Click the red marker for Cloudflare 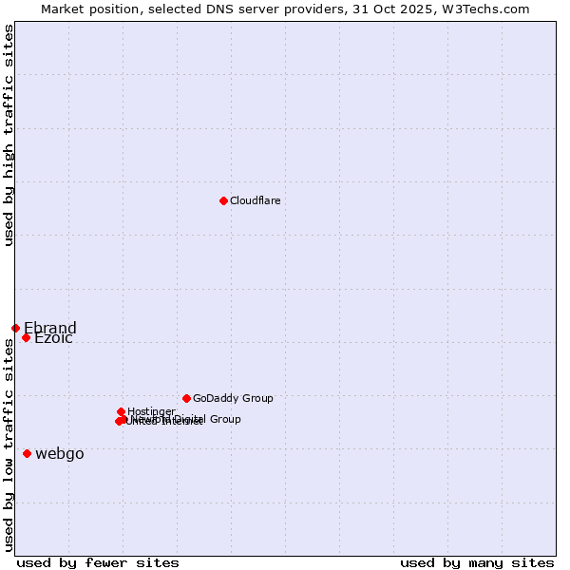[223, 200]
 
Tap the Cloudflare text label [255, 200]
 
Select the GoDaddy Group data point [186, 398]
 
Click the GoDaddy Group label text [233, 398]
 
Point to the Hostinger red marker [121, 411]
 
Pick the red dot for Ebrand [15, 328]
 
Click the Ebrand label [50, 329]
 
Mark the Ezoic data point [26, 338]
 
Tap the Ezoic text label [53, 339]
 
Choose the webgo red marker [27, 453]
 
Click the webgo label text [60, 454]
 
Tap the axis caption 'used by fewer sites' [98, 562]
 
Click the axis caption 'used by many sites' [477, 562]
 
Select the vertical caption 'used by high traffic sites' [9, 135]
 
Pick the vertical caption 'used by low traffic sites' [9, 445]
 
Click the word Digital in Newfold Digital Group [190, 419]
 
